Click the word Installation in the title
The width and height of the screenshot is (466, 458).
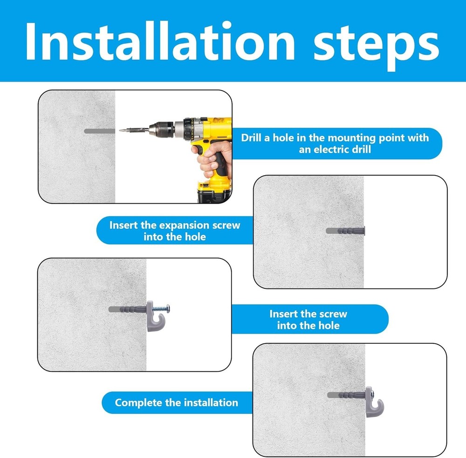pos(160,41)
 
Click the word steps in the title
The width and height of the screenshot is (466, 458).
pos(376,46)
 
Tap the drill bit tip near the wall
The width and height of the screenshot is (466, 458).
pos(120,130)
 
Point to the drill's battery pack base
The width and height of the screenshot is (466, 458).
pos(214,192)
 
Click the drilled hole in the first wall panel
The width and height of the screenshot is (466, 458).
pos(99,131)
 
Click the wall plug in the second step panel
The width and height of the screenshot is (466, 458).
pos(345,231)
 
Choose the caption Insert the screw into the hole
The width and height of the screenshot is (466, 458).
pos(308,320)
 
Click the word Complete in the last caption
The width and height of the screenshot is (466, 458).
pos(138,403)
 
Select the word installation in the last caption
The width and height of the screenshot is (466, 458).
pos(211,403)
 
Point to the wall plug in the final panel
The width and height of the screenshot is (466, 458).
pos(347,395)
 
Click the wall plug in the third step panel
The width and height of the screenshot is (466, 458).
pos(128,309)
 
